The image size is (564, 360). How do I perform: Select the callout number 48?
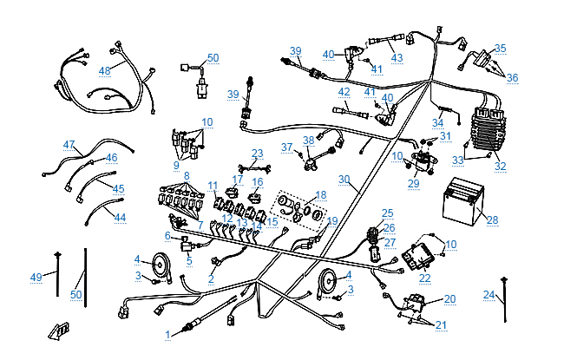coord(105,70)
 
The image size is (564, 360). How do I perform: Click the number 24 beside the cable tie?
coord(489,295)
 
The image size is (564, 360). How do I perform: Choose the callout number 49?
coord(36,277)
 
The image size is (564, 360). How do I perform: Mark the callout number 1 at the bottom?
coord(168,334)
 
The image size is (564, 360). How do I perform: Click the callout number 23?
coord(257,154)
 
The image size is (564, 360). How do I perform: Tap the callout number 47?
coord(69,145)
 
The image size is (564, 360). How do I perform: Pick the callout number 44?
coord(120,217)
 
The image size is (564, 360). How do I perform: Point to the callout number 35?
coord(501,49)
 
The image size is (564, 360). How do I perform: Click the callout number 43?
coord(397,58)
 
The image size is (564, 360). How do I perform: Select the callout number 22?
coord(424,278)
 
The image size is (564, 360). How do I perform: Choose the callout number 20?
coord(449,298)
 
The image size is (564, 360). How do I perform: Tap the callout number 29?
coord(414,183)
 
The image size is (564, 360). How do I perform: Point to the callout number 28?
coord(493,220)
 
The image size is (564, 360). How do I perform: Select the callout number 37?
coord(286,147)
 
